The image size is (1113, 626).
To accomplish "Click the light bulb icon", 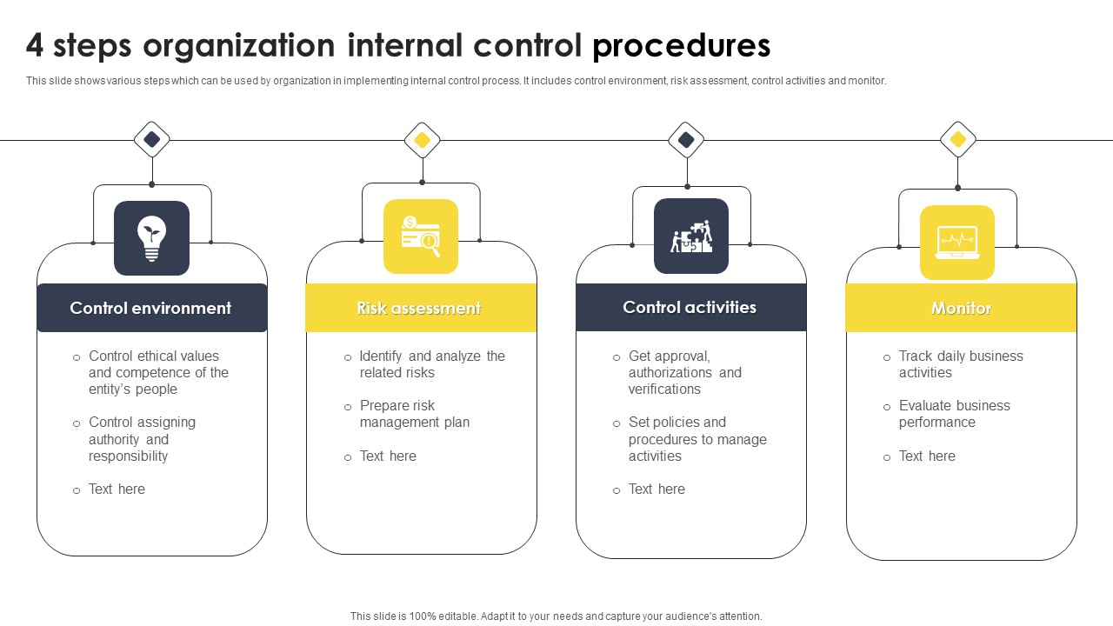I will click(x=151, y=237).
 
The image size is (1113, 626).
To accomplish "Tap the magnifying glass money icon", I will click(x=421, y=236).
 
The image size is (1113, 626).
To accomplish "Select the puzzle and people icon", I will click(x=691, y=236).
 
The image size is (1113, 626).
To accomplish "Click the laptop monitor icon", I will click(x=957, y=243).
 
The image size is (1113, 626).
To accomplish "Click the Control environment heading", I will click(x=150, y=308).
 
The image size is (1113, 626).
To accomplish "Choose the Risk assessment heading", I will click(x=419, y=308).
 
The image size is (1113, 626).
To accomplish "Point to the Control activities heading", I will click(x=690, y=307).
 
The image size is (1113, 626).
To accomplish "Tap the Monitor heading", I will click(x=961, y=308).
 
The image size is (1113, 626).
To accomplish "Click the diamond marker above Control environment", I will click(x=152, y=139).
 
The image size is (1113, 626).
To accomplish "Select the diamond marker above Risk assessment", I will click(x=423, y=140).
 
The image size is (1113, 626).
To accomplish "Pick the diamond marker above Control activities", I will click(x=686, y=139).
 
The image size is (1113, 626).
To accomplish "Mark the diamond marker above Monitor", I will click(x=958, y=139).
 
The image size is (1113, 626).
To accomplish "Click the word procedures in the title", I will click(x=682, y=45).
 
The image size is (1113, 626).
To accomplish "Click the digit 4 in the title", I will click(x=35, y=45).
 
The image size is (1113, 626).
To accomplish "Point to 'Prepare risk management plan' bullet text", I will click(x=414, y=414).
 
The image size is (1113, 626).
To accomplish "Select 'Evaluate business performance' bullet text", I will click(x=954, y=414).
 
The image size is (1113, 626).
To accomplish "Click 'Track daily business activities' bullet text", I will click(x=960, y=364).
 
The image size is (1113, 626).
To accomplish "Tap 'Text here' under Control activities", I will click(x=656, y=489).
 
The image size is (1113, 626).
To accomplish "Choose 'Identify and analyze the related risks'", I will click(x=432, y=364).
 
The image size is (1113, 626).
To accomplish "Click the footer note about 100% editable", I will click(x=556, y=616).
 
